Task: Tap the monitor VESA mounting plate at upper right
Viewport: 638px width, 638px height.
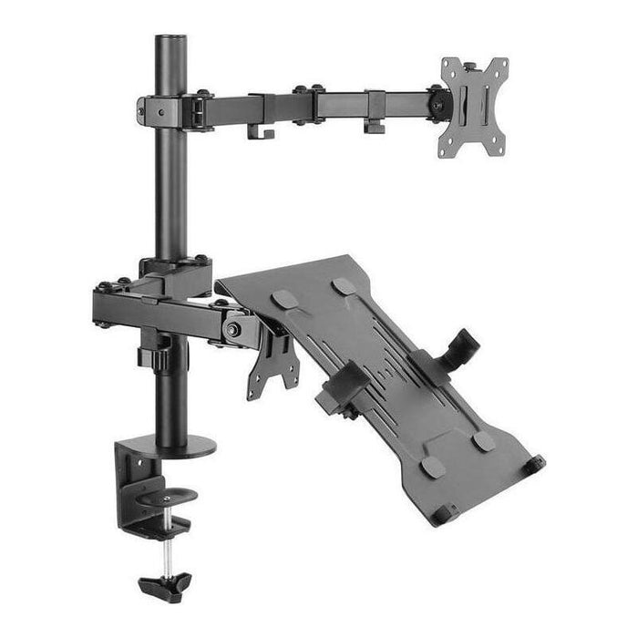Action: (x=473, y=105)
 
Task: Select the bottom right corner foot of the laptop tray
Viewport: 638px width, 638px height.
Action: (x=534, y=464)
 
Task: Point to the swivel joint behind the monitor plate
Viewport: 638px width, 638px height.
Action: (x=438, y=102)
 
